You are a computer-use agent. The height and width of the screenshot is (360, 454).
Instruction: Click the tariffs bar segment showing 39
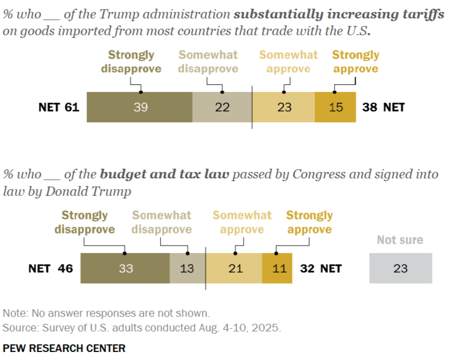140,107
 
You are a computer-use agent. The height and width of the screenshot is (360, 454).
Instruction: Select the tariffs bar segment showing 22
222,107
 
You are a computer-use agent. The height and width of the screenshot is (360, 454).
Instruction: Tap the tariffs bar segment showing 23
284,107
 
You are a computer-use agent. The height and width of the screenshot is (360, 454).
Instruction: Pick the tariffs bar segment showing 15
336,107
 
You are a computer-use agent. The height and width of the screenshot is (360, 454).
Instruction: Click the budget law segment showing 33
125,268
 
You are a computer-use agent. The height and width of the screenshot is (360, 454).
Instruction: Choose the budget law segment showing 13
187,268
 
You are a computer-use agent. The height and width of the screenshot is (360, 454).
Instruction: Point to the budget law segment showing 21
235,268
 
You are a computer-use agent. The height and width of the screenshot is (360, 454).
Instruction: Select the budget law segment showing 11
277,268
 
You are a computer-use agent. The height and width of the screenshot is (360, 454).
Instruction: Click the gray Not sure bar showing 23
400,268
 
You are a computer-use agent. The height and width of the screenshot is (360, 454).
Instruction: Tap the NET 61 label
59,107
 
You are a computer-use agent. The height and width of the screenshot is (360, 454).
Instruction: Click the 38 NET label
383,107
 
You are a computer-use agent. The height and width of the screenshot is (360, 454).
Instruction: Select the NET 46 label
50,268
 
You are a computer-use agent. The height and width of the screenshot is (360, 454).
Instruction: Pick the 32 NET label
321,268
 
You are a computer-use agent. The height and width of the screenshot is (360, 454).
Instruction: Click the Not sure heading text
400,240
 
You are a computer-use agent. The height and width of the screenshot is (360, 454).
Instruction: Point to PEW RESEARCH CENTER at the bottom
64,348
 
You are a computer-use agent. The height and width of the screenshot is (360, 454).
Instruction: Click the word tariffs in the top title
421,15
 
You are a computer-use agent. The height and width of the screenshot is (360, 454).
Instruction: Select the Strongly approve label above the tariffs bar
355,62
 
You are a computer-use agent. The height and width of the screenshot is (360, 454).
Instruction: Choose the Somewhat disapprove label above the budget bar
162,222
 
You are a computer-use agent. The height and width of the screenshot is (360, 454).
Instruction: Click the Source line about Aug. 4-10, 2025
142,328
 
